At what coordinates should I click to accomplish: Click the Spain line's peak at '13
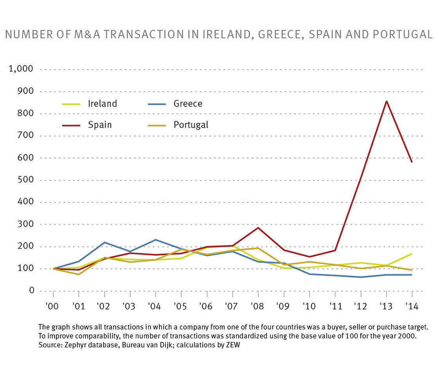click(x=387, y=101)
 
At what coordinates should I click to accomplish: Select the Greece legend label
click(x=188, y=104)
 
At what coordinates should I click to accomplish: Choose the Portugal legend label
click(x=191, y=125)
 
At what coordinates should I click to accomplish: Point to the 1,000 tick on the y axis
click(x=21, y=69)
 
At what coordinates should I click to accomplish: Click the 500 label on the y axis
click(x=26, y=180)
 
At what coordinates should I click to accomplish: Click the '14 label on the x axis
click(x=411, y=306)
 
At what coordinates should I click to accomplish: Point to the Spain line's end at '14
click(x=412, y=162)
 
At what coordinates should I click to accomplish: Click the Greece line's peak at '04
click(x=156, y=240)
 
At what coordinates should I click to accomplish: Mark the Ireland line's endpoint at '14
click(x=412, y=254)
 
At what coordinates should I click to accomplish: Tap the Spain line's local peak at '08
click(x=258, y=228)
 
